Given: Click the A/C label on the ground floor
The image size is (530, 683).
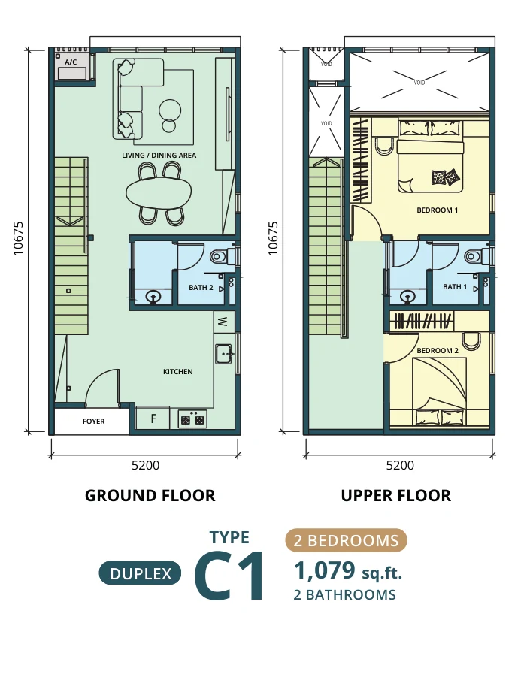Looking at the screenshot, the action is pos(71,62).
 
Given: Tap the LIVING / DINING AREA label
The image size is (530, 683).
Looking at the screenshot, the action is pos(159,155).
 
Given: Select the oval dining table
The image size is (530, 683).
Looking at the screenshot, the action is pos(159,193).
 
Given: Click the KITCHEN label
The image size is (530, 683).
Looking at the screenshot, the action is pos(178,372).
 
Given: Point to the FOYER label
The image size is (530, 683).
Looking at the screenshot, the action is pos(94,422).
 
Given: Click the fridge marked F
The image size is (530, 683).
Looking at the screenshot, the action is pos(153,419).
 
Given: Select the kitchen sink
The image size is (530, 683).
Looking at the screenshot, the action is pos(224,354).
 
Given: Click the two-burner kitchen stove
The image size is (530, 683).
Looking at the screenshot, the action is pos(192,419).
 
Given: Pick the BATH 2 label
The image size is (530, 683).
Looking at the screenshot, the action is pos(201,288).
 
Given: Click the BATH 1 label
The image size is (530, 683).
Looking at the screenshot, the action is pos(455,286).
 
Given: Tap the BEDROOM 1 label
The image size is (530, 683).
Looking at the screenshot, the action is pos(438,210).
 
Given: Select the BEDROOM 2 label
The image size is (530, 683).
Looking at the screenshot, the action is pos(438,351).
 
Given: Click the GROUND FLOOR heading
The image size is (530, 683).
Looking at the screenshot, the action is pos(150,496).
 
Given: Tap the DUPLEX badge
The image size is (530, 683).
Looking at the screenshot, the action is pos(141,573).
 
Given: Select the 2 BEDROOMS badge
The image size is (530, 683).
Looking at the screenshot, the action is pos(346,540).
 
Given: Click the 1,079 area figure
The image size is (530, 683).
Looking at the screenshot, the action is pos(325,570).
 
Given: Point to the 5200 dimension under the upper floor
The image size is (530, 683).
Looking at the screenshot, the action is pos(400,466).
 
